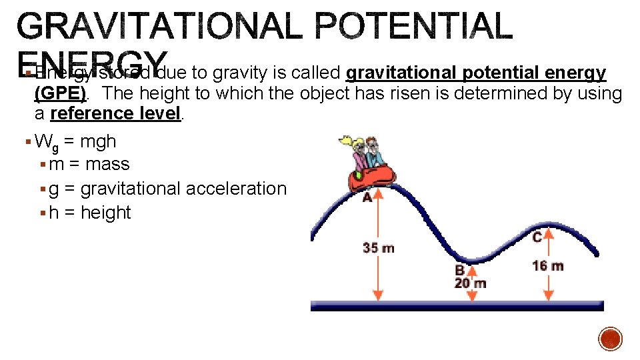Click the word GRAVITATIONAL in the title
pos(163,27)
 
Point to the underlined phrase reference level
pos(115,113)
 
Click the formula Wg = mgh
pos(75,142)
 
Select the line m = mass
pos(89,165)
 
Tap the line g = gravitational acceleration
pos(167,189)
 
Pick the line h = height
pos(89,213)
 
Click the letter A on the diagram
pos(367,198)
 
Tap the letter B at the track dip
pos(459,271)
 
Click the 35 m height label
pos(378,248)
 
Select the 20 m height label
pos(471,283)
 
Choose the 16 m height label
pos(547,266)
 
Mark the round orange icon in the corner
pos(610,339)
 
